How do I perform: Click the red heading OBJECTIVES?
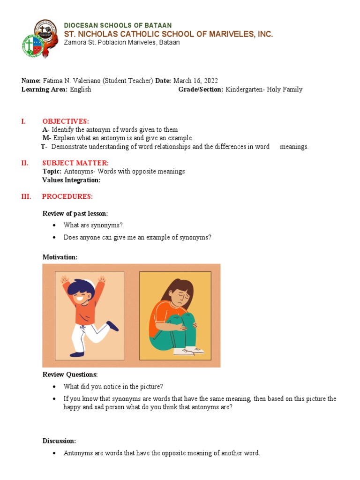(66, 121)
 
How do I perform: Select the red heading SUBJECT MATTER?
(75, 163)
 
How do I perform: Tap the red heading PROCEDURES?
(67, 196)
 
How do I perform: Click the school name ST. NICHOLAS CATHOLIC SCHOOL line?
(168, 34)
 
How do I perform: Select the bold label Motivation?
(60, 257)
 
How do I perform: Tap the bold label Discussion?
(59, 441)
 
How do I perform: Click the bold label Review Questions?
(70, 375)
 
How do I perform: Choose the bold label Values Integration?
(71, 180)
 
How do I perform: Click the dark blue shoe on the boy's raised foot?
(112, 325)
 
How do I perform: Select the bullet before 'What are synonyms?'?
(54, 225)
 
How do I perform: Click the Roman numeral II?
(25, 163)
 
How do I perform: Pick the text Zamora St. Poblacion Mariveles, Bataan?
(121, 42)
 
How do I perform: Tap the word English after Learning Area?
(81, 90)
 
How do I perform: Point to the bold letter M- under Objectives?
(46, 138)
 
